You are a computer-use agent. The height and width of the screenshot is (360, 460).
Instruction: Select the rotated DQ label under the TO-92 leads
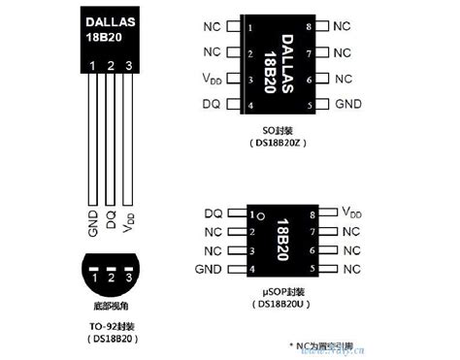tap(111, 222)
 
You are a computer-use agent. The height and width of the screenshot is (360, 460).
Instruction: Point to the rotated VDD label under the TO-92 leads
tap(129, 224)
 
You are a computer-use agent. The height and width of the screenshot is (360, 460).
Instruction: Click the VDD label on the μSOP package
tap(351, 212)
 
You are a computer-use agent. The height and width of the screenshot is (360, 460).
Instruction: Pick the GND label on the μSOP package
tap(211, 268)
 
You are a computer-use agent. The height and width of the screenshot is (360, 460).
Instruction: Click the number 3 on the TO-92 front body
tap(129, 66)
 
